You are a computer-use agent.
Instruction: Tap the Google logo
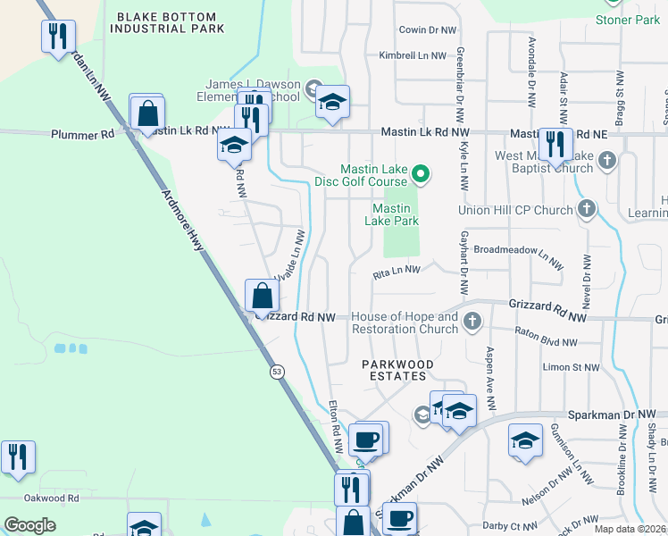point(29,524)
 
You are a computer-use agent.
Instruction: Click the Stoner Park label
point(628,20)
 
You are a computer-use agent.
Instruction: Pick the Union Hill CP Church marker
point(587,209)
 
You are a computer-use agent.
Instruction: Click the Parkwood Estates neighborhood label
point(397,370)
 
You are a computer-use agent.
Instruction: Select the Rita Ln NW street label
point(397,270)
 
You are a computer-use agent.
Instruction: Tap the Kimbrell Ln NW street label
point(412,55)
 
